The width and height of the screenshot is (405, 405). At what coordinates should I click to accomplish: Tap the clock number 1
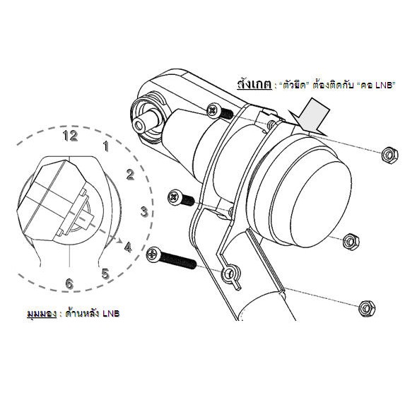click(105, 147)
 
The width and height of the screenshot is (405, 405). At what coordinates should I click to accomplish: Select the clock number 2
click(130, 175)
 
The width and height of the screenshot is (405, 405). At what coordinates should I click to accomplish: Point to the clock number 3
click(143, 211)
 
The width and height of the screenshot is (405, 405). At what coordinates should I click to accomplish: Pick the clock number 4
click(128, 248)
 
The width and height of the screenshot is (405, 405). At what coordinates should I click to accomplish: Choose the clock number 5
click(105, 273)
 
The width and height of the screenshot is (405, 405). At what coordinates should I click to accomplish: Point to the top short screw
click(221, 112)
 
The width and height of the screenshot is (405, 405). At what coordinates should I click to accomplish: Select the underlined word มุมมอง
click(42, 312)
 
